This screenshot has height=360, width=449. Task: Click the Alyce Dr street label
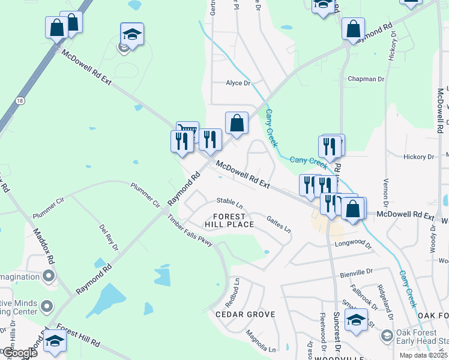click(x=238, y=83)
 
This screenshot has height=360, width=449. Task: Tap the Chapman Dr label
click(x=366, y=79)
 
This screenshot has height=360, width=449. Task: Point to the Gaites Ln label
click(x=279, y=225)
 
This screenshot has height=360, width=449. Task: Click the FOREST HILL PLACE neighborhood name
click(x=229, y=220)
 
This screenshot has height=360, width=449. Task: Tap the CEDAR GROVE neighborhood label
click(x=246, y=314)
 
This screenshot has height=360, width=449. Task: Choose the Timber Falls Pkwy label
click(x=190, y=232)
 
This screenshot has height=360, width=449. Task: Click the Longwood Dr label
click(x=355, y=243)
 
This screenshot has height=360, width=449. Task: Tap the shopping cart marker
click(x=187, y=131)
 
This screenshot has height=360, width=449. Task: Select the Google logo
click(x=20, y=353)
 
